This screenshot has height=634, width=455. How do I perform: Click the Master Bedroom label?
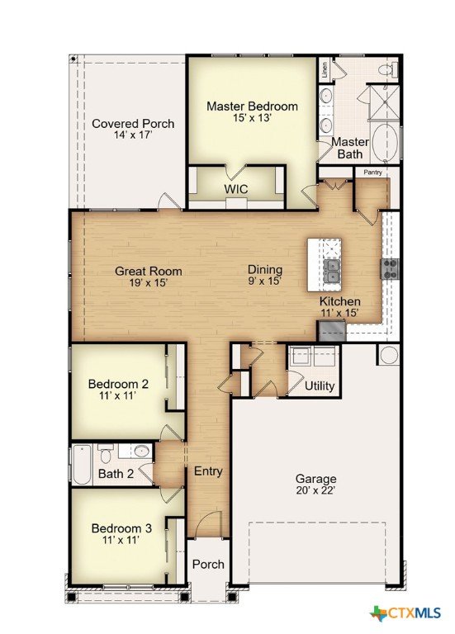coord(252,106)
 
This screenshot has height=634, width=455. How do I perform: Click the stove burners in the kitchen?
coord(391,269)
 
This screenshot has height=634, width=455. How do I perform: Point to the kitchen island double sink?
coord(333,271)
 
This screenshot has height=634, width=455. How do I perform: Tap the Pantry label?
coord(372,173)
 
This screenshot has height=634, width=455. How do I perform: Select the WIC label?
coord(236,189)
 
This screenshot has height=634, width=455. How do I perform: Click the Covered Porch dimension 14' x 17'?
coord(133,135)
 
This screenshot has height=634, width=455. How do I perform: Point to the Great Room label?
coord(149,271)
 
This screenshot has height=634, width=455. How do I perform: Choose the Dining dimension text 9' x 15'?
coord(265,281)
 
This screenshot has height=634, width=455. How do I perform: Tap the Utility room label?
coord(320,386)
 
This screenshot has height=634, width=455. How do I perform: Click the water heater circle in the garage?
coord(389,355)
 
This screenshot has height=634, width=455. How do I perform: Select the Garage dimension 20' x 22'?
coord(316,490)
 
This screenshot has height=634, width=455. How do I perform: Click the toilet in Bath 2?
coord(106,454)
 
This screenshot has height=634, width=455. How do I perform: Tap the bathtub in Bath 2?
coord(82,465)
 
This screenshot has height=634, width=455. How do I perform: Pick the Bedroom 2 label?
coord(118,383)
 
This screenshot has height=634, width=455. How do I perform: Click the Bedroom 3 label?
coord(121,528)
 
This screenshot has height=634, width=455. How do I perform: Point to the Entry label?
coord(208,471)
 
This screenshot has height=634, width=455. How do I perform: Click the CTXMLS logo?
coord(405,613)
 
